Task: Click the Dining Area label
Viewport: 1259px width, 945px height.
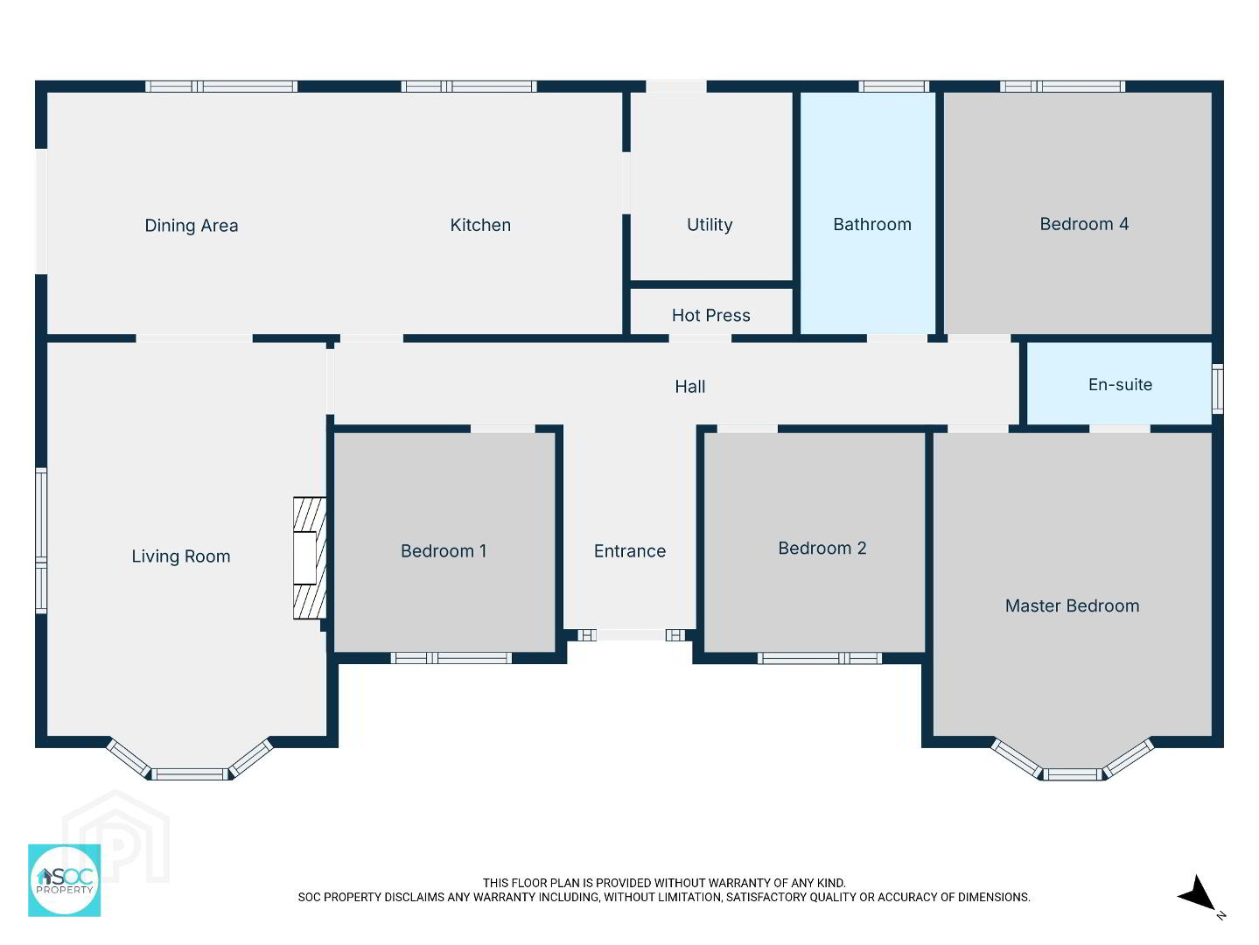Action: pos(191,226)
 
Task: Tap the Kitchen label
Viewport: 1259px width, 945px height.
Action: pos(480,225)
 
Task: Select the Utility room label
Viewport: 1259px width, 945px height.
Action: pos(710,225)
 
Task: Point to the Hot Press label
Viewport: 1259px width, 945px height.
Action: pos(710,315)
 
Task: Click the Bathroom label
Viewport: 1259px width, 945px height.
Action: pos(871,224)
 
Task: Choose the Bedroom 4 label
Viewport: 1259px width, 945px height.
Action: pos(1084,224)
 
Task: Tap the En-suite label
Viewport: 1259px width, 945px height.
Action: pos(1120,384)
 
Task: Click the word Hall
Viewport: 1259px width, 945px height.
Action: pos(690,387)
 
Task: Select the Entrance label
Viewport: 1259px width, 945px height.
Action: pos(630,551)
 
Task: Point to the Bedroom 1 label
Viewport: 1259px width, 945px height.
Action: pos(444,551)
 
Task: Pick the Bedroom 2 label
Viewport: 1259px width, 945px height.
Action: pos(822,549)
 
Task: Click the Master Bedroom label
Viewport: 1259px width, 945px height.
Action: pos(1072,605)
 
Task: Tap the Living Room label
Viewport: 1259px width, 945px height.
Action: pos(181,556)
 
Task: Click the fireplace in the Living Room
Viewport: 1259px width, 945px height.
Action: pos(310,558)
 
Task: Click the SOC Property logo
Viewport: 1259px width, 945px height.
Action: pos(64,880)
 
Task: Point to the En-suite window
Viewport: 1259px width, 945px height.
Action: pos(1217,388)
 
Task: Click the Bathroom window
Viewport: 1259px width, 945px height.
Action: pos(893,87)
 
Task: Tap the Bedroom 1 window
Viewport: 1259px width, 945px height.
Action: pos(451,658)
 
